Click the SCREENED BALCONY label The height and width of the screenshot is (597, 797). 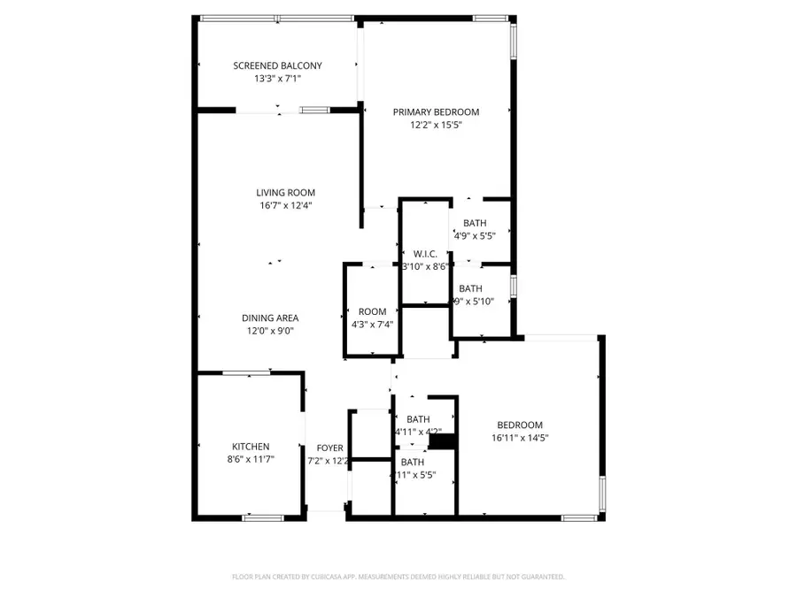277,65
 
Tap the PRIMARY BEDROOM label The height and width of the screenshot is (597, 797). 436,112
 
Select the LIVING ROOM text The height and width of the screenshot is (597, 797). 285,193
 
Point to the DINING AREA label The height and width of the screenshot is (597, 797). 270,318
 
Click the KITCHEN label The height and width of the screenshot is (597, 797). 251,447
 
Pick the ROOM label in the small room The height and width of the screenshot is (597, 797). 372,311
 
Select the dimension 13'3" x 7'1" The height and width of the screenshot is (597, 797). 277,79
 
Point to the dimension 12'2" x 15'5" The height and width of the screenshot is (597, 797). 436,126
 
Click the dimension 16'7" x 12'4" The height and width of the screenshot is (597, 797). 285,206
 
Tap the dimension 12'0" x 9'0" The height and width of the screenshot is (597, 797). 270,331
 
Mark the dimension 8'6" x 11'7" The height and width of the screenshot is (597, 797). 251,460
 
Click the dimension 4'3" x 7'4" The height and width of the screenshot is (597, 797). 372,324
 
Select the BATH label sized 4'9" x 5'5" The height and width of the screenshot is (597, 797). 474,223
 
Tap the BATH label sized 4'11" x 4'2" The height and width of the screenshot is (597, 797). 418,419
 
